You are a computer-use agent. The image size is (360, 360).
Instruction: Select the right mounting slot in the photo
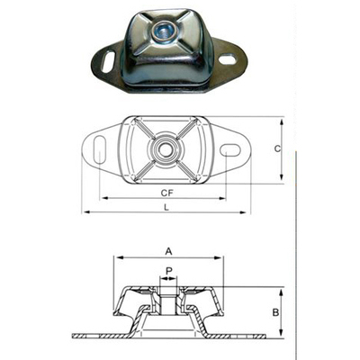coord(227,61)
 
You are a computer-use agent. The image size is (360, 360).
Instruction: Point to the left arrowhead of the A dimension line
coord(115,259)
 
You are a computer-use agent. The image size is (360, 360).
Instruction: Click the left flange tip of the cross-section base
coord(74,338)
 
